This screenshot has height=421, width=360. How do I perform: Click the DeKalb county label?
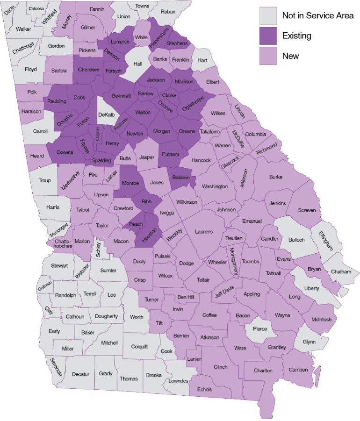pos(106,114)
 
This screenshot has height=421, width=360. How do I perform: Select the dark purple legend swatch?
pos(268,36)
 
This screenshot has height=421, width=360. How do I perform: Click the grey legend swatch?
pos(268,15)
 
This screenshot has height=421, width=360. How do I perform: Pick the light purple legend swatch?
pos(268,56)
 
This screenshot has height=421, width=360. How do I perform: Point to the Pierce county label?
pos(260,328)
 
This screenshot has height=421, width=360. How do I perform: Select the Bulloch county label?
pos(296,240)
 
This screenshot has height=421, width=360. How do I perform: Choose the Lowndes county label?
pos(178,381)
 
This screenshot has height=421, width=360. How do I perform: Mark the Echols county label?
pos(205,389)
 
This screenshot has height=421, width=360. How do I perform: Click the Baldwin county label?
pos(181,178)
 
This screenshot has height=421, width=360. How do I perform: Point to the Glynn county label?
pos(309,342)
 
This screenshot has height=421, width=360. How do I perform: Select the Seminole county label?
pos(56,367)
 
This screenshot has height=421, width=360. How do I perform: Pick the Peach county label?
pos(136,224)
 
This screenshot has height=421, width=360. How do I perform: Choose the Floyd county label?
pos(31,69)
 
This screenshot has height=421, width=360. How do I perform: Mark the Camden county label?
pos(298,370)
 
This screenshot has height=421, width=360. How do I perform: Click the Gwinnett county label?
pos(121,96)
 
